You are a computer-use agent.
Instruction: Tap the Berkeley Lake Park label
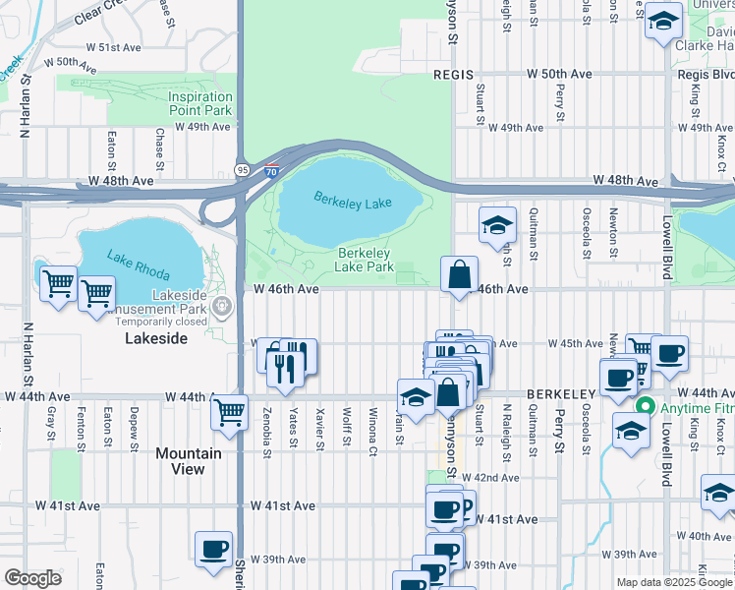(x=364, y=260)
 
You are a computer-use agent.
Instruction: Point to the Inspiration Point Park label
(x=199, y=103)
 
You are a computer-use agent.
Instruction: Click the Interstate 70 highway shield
(x=272, y=170)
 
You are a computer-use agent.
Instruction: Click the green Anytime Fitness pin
(x=646, y=405)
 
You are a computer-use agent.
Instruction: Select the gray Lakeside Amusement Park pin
(x=224, y=306)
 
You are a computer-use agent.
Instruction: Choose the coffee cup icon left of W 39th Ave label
(x=212, y=549)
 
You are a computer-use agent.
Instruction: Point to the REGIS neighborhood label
(x=454, y=75)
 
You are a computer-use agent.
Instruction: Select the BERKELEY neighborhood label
(x=557, y=393)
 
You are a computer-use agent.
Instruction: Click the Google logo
(x=32, y=578)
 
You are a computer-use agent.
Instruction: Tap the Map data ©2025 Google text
(x=674, y=582)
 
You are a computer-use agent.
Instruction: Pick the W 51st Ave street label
(x=115, y=47)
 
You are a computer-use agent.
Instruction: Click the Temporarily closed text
(x=160, y=321)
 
